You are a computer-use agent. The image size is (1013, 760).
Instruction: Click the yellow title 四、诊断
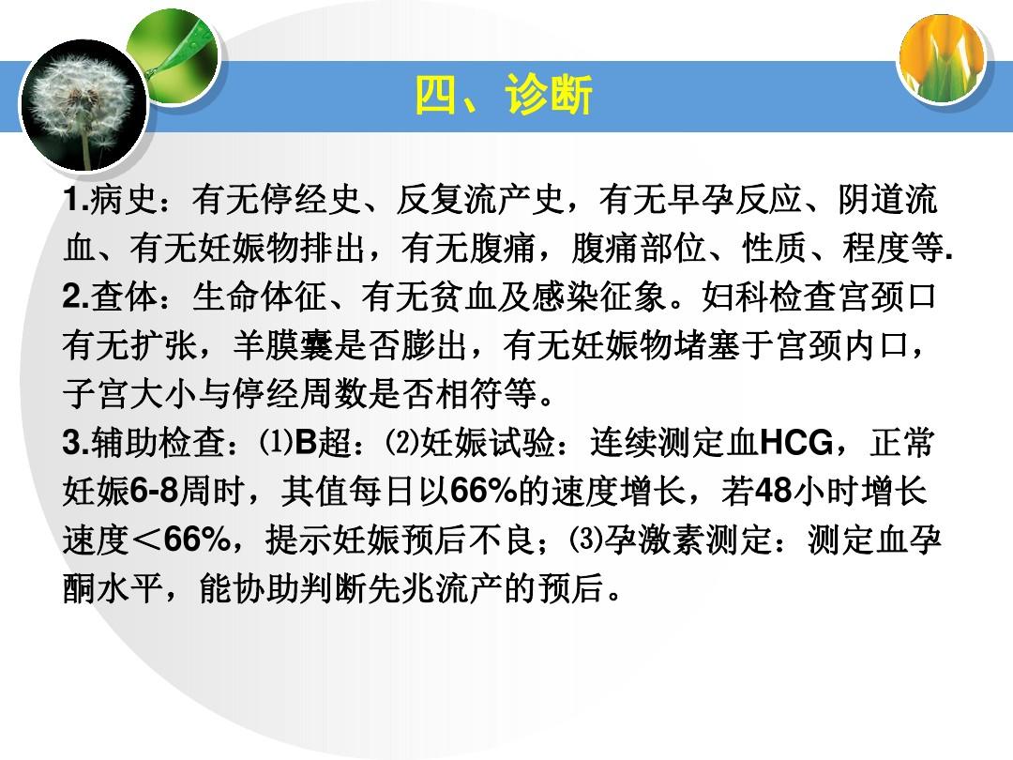[504, 95]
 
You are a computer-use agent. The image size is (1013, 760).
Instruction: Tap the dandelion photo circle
[83, 105]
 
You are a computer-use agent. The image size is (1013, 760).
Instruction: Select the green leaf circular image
[174, 57]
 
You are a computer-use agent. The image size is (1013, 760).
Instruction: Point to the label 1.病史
[111, 199]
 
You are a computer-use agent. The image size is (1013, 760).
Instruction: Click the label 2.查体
[111, 296]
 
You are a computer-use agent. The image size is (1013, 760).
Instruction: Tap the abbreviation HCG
[796, 443]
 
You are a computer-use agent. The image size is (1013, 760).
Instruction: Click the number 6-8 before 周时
[154, 491]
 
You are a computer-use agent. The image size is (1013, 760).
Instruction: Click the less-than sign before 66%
[146, 540]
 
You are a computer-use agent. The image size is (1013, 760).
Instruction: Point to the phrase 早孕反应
[733, 199]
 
